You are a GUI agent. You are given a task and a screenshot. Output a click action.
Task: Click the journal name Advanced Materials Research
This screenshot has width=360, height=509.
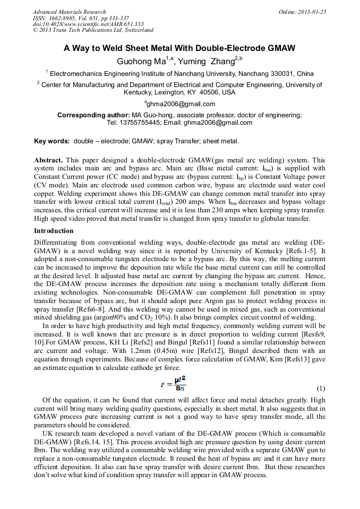[x=70, y=12]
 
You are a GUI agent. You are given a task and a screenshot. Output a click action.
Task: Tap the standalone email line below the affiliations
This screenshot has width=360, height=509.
[x=179, y=104]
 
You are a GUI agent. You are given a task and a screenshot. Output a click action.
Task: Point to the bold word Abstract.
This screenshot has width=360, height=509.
[x=48, y=160]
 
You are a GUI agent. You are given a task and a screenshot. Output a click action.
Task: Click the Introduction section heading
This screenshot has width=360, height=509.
[x=54, y=231]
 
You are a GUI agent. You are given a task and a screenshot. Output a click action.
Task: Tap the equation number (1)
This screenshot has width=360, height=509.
[x=321, y=388]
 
